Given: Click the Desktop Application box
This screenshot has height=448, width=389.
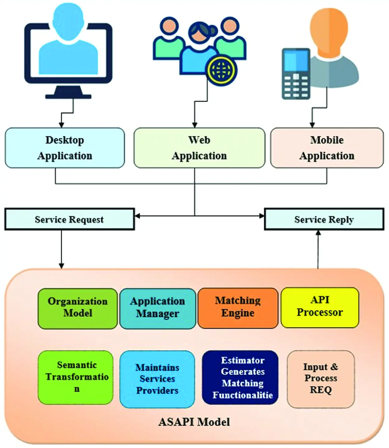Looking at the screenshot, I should coord(65,148).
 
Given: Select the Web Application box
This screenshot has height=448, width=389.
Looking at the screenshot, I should coord(199,148).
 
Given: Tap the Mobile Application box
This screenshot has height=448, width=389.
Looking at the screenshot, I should coord(327,148).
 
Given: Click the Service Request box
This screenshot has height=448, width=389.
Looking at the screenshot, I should coord(69,219).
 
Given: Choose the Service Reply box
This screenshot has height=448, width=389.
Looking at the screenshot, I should coord(324,219).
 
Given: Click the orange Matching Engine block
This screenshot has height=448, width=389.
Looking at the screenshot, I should coord(238,308).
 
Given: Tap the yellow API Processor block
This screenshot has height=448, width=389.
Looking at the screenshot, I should coord(320,307).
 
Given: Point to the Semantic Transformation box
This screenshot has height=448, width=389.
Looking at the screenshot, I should coord(76,377).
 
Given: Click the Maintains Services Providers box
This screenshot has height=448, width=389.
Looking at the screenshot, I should coord(157,379).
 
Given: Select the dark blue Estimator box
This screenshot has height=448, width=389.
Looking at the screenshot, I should coord(240,377).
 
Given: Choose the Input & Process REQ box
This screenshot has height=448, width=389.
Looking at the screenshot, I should coord(321,378).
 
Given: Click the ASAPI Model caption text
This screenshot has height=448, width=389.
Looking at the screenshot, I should coord(194,422).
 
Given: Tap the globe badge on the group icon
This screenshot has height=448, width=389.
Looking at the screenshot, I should coord(221,70).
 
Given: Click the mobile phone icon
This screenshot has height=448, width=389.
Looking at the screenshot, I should coord(296,74).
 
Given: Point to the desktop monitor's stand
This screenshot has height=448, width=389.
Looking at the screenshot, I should coord(68,93).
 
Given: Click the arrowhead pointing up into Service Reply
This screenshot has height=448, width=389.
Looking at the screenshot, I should coord(318,233).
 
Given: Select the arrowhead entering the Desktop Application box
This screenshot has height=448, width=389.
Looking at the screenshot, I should coord(61,125).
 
